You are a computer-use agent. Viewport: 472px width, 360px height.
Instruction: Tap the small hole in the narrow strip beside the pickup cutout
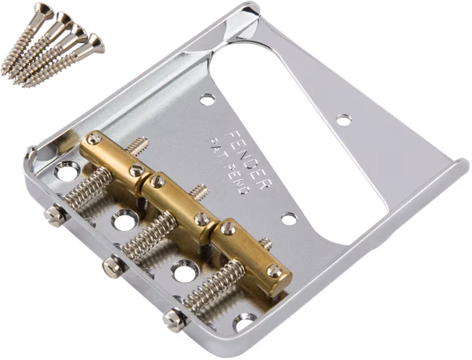click(x=343, y=119)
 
